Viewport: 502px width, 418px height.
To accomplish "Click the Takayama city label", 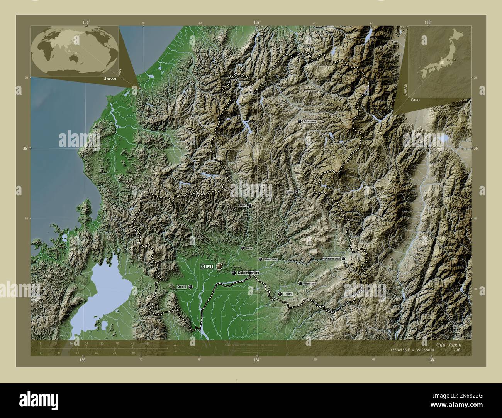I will tap(310, 121).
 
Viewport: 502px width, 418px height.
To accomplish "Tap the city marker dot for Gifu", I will tap(220, 266).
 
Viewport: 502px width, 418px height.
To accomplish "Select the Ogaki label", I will tap(181, 287).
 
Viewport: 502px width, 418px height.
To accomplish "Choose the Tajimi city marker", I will tap(280, 294).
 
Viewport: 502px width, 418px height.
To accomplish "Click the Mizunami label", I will tap(310, 283).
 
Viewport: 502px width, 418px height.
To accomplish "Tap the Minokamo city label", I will tap(271, 259).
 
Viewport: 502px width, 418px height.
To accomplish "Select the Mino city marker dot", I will tap(243, 249).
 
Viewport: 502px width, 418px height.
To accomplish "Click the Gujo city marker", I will tap(250, 205).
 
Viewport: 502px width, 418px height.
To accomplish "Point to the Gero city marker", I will tap(297, 192).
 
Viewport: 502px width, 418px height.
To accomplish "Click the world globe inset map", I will tap(75, 51).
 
